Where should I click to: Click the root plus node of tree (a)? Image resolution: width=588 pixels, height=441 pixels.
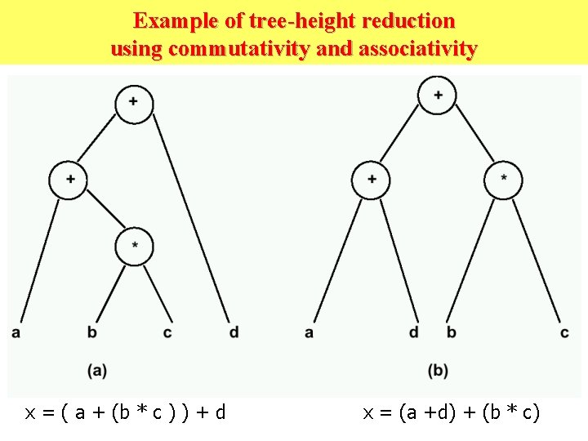pyautogui.click(x=134, y=104)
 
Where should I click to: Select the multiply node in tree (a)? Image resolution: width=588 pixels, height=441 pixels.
pyautogui.click(x=134, y=245)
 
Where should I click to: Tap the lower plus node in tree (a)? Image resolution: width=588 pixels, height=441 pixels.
pyautogui.click(x=68, y=180)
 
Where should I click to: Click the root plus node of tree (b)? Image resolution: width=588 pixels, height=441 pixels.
pyautogui.click(x=439, y=96)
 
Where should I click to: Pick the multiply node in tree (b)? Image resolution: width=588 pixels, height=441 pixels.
pyautogui.click(x=503, y=180)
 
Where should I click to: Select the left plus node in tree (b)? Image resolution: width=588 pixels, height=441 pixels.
pyautogui.click(x=372, y=180)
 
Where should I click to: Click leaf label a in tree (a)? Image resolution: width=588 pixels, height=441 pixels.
pyautogui.click(x=16, y=332)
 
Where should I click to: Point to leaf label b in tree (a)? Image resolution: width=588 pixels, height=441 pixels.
pyautogui.click(x=93, y=332)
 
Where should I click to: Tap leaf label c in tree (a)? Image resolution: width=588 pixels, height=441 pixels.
pyautogui.click(x=167, y=332)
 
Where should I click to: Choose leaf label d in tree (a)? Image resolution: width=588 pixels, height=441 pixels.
pyautogui.click(x=234, y=332)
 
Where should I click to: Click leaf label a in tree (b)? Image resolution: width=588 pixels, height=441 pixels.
pyautogui.click(x=309, y=332)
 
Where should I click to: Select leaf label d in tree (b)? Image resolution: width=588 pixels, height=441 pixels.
pyautogui.click(x=414, y=332)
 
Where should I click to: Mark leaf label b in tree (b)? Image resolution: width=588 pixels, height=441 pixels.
pyautogui.click(x=451, y=332)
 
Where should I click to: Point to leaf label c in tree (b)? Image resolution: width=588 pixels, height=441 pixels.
pyautogui.click(x=564, y=332)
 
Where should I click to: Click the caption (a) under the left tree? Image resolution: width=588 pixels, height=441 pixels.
pyautogui.click(x=97, y=371)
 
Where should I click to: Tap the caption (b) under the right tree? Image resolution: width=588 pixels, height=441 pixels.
pyautogui.click(x=439, y=371)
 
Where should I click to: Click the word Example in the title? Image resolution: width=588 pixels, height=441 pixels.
pyautogui.click(x=172, y=20)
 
